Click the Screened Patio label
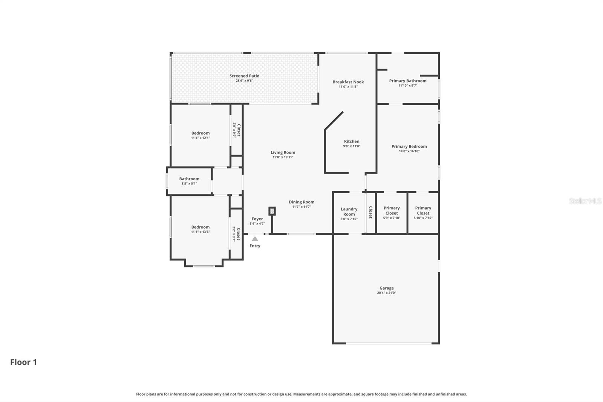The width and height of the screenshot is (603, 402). pos(244,76)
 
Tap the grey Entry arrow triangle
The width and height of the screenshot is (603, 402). pos(255,239)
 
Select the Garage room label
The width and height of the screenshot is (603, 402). pos(386,288)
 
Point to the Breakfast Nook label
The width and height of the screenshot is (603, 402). pos(348,82)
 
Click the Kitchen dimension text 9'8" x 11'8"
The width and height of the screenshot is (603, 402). pos(351,146)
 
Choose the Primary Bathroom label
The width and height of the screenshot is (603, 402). pos(407,81)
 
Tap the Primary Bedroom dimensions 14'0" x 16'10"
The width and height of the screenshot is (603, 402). pos(409,151)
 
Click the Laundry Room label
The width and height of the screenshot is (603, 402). pos(349,212)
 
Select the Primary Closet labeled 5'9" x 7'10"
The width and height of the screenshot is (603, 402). pos(392,210)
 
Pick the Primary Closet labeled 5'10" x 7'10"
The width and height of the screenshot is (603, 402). pos(423,210)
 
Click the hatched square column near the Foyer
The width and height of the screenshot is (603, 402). pos(272,211)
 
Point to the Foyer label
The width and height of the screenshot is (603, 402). pos(257,219)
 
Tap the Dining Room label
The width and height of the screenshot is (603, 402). pos(301,202)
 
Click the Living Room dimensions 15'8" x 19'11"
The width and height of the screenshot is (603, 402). pos(283,157)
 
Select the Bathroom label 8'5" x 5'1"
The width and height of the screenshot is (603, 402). pos(189,179)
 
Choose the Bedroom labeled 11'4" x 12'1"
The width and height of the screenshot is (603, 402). pos(200,133)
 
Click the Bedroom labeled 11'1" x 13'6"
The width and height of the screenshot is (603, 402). pos(200,227)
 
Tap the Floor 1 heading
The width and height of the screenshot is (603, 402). pos(23,362)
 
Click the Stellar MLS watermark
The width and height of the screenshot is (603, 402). pos(585,201)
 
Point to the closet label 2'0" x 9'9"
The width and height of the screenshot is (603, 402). pos(236,130)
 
